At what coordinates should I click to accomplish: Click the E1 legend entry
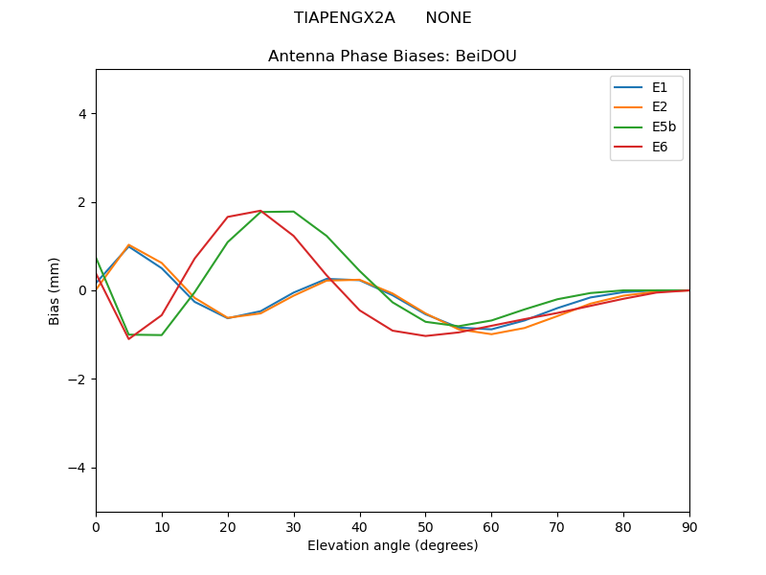(x=647, y=87)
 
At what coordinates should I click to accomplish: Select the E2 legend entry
(x=647, y=107)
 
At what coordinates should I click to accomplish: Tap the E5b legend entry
(x=647, y=126)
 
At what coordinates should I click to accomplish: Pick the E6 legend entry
(x=647, y=147)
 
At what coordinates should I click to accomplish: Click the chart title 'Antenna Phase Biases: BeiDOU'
(x=393, y=57)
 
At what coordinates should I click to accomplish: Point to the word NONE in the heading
(x=448, y=18)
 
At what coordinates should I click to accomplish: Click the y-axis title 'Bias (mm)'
(x=56, y=290)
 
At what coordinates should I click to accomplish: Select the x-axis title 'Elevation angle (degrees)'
(x=393, y=545)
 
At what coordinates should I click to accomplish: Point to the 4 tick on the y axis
(x=82, y=114)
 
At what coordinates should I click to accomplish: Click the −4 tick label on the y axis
(x=79, y=468)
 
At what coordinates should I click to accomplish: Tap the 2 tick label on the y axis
(x=82, y=202)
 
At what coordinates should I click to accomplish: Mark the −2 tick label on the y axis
(x=79, y=379)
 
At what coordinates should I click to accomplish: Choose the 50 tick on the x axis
(x=425, y=526)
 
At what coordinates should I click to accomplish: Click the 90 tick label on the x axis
(x=689, y=526)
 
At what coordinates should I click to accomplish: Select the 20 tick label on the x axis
(x=228, y=526)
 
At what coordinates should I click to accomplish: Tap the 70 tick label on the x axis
(x=557, y=526)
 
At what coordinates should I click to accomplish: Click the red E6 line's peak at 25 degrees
(x=260, y=211)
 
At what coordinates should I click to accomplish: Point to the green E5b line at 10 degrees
(x=162, y=335)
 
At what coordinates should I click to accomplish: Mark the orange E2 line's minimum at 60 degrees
(x=491, y=334)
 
